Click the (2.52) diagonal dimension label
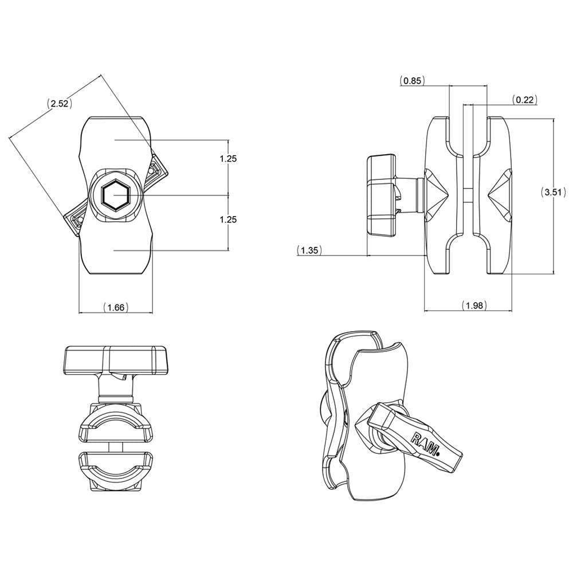click(x=59, y=104)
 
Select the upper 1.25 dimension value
click(x=228, y=159)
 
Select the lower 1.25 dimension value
click(x=228, y=219)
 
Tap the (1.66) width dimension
click(x=115, y=308)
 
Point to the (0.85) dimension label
click(x=413, y=81)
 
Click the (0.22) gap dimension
click(x=524, y=100)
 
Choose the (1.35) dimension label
click(x=309, y=250)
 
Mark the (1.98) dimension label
click(x=473, y=305)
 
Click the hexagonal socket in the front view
click(x=115, y=195)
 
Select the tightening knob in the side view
click(x=382, y=195)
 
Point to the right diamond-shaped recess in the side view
click(x=500, y=195)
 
